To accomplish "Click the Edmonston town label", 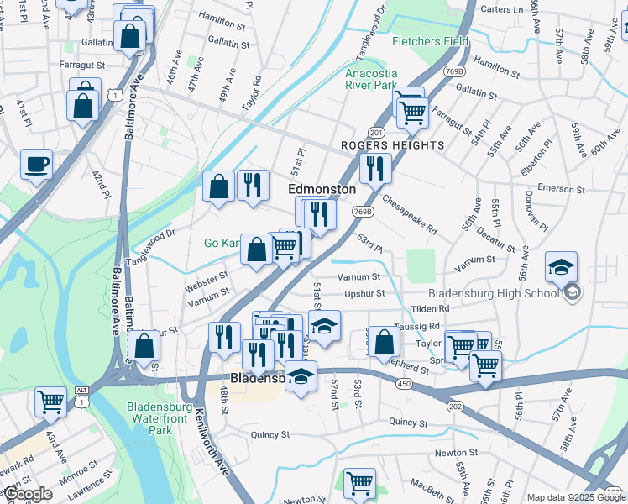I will (x=322, y=189).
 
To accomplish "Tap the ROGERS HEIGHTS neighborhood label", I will (x=392, y=145).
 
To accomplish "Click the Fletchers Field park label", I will (x=430, y=40).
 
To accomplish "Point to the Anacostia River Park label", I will (x=370, y=78).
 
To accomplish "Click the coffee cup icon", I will (x=36, y=165).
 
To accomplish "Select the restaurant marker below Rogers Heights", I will (x=375, y=168).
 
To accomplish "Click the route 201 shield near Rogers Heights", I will (x=375, y=133).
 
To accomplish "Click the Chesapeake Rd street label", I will (x=409, y=215).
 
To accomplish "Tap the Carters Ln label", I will (x=502, y=10).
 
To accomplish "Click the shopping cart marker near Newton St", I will (x=360, y=483).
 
